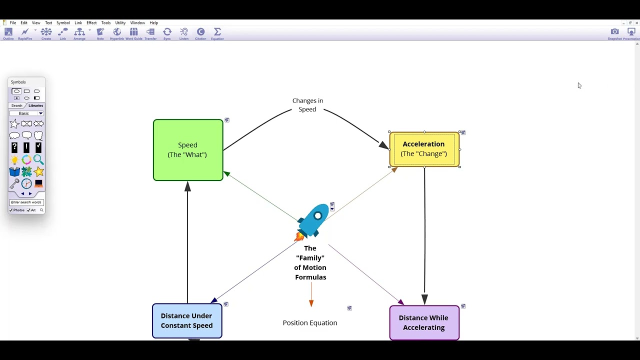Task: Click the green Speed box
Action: pos(188,150)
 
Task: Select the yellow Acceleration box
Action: pos(424,149)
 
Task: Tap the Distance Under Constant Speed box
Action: pos(187,320)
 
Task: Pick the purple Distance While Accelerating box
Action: pos(424,322)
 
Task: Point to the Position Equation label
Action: pos(310,323)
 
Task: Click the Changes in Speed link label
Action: pos(307,105)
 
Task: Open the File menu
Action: pos(13,23)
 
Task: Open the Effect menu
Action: pos(91,23)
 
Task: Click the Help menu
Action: pos(154,23)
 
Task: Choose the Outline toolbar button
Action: pos(8,33)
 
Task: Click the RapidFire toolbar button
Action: pos(25,33)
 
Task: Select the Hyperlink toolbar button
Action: pos(117,33)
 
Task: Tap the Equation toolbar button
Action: pos(217,33)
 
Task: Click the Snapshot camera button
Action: pos(614,33)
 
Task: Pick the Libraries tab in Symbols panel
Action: pos(35,105)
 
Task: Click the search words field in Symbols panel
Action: pos(26,202)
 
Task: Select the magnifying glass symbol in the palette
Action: pos(38,160)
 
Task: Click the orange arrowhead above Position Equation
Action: pos(311,303)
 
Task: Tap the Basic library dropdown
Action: pos(26,113)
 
